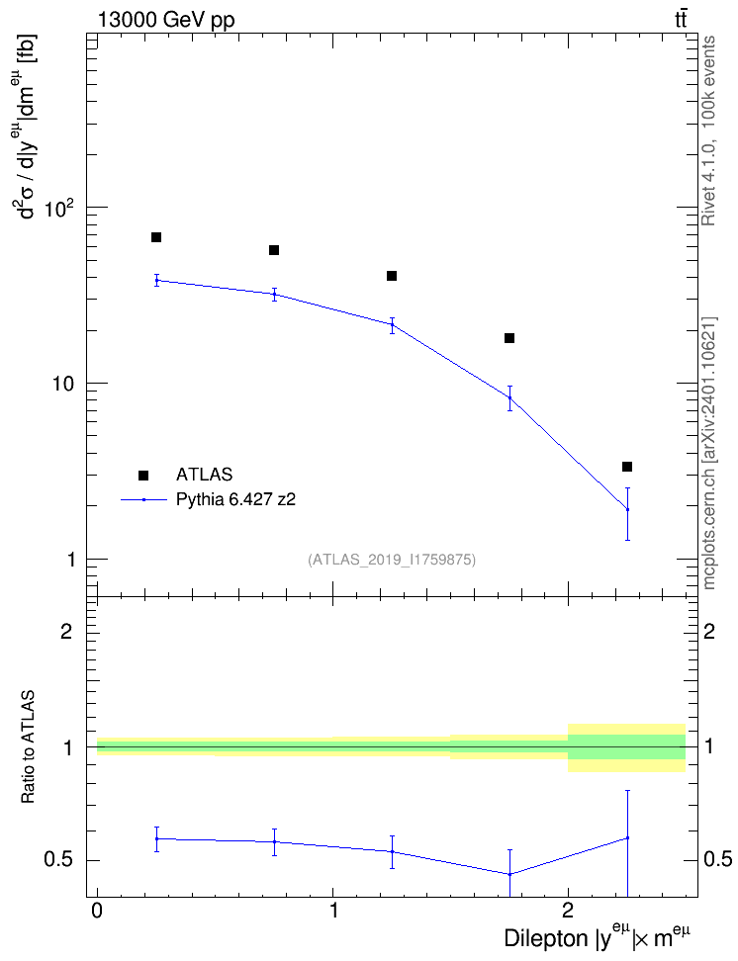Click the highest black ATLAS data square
click(x=156, y=237)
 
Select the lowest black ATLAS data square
click(x=627, y=467)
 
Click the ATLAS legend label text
click(x=204, y=475)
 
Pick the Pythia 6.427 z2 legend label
click(x=235, y=499)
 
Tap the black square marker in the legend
click(x=143, y=475)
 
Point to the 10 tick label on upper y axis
click(x=63, y=384)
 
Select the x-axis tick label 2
click(x=568, y=910)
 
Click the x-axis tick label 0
click(x=97, y=910)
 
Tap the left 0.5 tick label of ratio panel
click(x=58, y=860)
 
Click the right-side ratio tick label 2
click(x=709, y=631)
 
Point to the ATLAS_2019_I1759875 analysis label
click(x=392, y=559)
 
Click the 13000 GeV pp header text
click(x=166, y=20)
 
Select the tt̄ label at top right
click(x=681, y=19)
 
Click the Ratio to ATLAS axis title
click(x=28, y=746)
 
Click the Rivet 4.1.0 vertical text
click(x=708, y=131)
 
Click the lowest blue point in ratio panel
click(x=509, y=874)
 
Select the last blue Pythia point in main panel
click(x=627, y=509)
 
